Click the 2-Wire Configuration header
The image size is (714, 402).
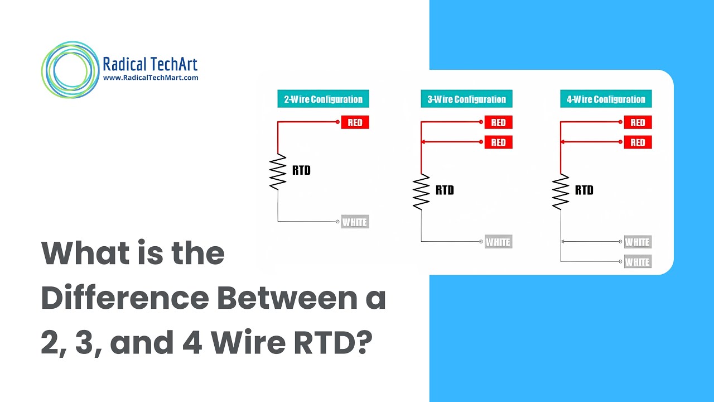(323, 99)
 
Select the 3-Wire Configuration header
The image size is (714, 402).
(466, 99)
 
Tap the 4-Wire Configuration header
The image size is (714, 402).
(606, 99)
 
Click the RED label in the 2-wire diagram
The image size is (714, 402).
(355, 122)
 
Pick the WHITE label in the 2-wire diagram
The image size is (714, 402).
(355, 222)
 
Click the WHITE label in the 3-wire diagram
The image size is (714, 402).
(498, 242)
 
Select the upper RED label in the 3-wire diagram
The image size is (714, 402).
(498, 122)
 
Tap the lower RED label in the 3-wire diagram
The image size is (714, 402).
(498, 142)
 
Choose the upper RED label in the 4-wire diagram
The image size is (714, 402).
(638, 122)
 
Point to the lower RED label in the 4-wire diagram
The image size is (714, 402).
(638, 142)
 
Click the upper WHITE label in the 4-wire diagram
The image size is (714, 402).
(638, 242)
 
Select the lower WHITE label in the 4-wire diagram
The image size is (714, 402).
(638, 262)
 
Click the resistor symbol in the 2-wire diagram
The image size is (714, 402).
(278, 171)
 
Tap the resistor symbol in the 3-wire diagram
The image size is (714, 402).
(421, 192)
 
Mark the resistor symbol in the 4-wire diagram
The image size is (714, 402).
(561, 192)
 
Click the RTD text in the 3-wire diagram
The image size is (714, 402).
(445, 190)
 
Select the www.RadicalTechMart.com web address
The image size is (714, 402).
(151, 78)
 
